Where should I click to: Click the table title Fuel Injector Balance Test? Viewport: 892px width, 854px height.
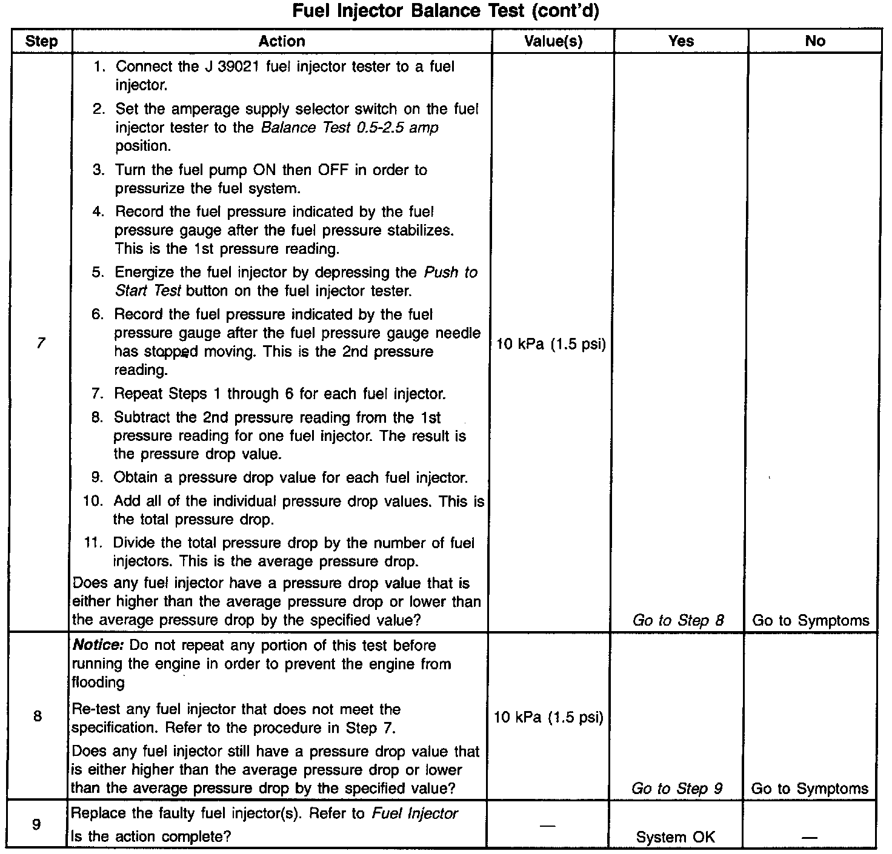point(445,12)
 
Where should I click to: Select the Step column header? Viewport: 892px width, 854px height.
point(42,41)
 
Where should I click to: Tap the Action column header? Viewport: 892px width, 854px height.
point(282,41)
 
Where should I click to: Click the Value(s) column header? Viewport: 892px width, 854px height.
point(553,41)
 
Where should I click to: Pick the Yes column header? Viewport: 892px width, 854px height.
point(681,41)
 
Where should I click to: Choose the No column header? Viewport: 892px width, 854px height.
point(815,41)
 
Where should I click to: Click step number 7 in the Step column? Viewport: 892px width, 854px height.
point(41,343)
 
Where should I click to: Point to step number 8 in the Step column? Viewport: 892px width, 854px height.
point(38,717)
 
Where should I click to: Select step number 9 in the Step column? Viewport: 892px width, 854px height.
point(36,824)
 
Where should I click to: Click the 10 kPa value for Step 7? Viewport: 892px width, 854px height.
point(551,345)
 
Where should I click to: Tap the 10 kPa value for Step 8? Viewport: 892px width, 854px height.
point(548,718)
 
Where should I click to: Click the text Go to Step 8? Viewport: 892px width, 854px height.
point(678,620)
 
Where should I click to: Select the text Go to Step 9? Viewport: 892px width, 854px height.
point(677,788)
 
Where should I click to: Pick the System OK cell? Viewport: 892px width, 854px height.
point(675,837)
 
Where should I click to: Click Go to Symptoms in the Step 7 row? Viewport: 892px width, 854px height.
point(810,620)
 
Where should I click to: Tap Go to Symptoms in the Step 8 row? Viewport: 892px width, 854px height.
point(810,788)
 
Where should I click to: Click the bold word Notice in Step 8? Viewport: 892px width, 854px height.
point(98,645)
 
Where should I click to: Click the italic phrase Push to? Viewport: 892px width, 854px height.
point(450,273)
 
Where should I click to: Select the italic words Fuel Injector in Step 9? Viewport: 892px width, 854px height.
point(414,813)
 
